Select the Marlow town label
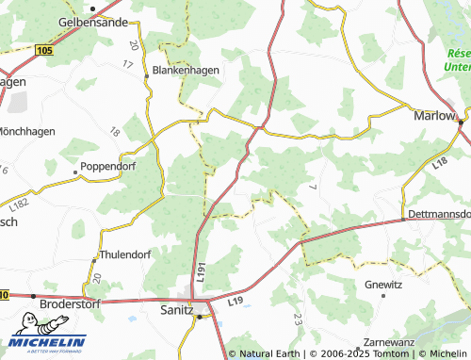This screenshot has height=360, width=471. tap(434, 117)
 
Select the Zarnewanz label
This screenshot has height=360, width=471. tap(385, 344)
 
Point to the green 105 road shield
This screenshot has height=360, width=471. tap(43, 49)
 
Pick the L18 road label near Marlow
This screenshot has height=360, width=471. tap(439, 164)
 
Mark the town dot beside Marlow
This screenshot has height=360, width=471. tap(461, 122)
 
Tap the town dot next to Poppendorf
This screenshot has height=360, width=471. tap(75, 172)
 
